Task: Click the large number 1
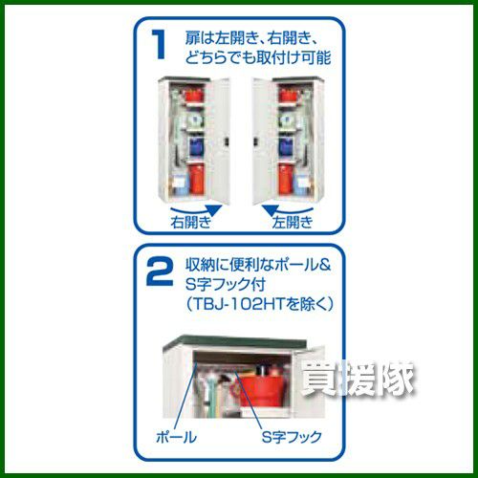[x=159, y=45]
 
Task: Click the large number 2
[x=160, y=272]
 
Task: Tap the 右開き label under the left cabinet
[x=191, y=222]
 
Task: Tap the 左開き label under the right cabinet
[x=293, y=222]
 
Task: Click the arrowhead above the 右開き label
[x=214, y=210]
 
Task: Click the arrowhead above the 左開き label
[x=270, y=210]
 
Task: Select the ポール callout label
[x=176, y=437]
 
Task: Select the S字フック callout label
[x=292, y=437]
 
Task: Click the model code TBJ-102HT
[x=239, y=304]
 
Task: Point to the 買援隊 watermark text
[x=358, y=379]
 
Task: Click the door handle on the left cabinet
[x=226, y=142]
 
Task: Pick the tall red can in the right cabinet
[x=285, y=180]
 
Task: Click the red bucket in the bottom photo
[x=261, y=388]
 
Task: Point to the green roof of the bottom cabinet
[x=234, y=342]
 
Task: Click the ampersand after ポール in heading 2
[x=324, y=265]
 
